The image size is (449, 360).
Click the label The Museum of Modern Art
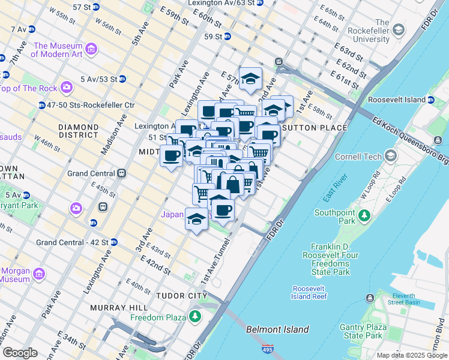coord(58,50)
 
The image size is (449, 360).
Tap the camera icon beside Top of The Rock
coord(66,88)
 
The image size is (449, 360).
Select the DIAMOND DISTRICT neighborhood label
coord(78,132)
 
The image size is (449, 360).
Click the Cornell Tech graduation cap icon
coord(391,157)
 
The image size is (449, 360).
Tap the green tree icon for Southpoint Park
coord(363,214)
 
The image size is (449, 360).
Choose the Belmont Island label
coord(277,329)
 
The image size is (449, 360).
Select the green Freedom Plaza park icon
coord(195,316)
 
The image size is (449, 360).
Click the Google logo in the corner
coord(20,353)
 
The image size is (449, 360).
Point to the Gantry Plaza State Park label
coord(360,331)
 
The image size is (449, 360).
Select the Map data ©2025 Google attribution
coord(411,355)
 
